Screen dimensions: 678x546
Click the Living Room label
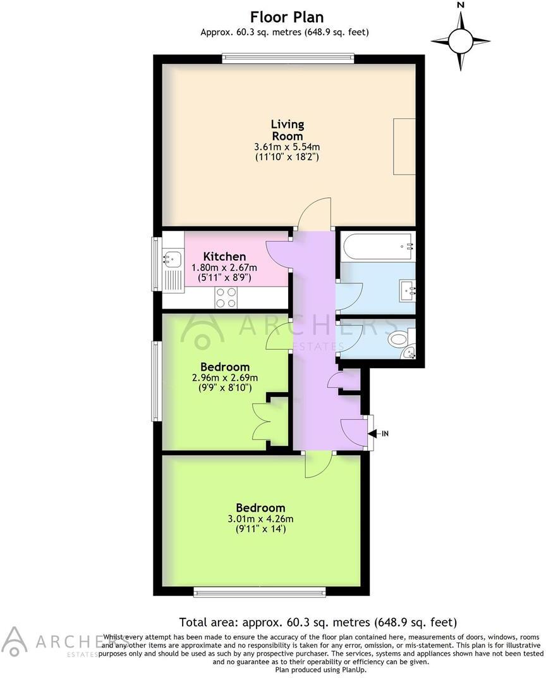point(287,130)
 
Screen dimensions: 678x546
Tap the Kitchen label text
point(224,256)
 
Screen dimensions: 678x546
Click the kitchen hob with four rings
point(226,297)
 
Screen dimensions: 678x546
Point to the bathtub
point(377,245)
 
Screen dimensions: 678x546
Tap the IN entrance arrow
point(380,433)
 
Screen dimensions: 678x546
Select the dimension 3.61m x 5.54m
point(287,147)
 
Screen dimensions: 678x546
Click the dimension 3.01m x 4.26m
point(260,519)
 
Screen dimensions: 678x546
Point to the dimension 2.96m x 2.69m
point(225,378)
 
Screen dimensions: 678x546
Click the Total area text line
point(318,622)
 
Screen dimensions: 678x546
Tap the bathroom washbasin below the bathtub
point(408,290)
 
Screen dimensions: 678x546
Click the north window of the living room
point(288,59)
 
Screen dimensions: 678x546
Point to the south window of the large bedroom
point(259,592)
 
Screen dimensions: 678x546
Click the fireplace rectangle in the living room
point(404,146)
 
